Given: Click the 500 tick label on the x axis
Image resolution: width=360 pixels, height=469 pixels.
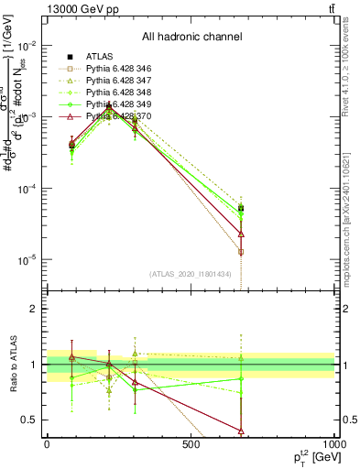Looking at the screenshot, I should [x=191, y=443].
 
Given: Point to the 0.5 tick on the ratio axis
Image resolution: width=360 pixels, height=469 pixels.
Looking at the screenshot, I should [x=32, y=420].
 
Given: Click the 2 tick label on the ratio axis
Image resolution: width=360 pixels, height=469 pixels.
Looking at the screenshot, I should [x=36, y=309].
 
